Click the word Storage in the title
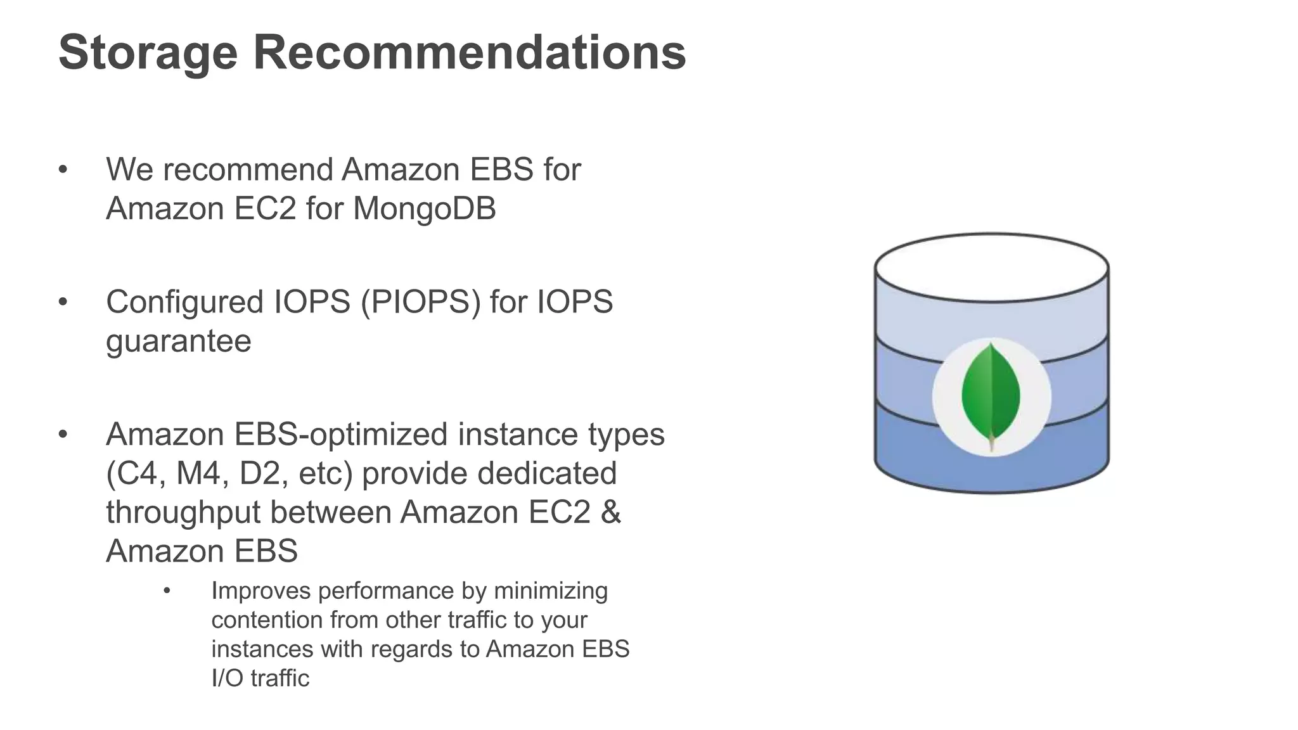click(148, 53)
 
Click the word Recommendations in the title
click(470, 53)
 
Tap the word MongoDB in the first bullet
click(424, 208)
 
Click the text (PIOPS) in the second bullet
click(421, 302)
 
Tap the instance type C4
click(136, 474)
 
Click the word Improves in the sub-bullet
click(260, 591)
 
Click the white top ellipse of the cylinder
click(991, 266)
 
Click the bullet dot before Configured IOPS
click(62, 302)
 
